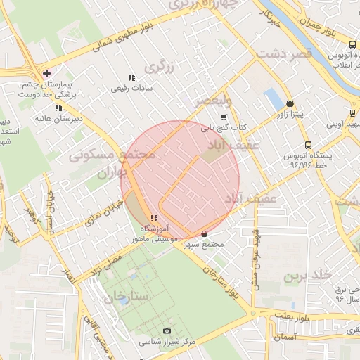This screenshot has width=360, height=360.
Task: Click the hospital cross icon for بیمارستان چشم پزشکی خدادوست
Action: point(46,73)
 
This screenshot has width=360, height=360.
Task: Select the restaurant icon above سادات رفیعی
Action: point(131,77)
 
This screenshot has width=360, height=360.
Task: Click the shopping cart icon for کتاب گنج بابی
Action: point(224,117)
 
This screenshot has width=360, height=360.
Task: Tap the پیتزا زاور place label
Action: point(289,114)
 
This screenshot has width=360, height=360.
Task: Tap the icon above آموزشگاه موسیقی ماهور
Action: point(153,219)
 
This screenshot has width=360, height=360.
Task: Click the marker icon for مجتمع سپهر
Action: point(205,233)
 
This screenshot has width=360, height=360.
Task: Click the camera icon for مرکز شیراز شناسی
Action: point(167,330)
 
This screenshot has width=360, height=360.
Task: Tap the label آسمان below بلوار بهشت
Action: point(288,337)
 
